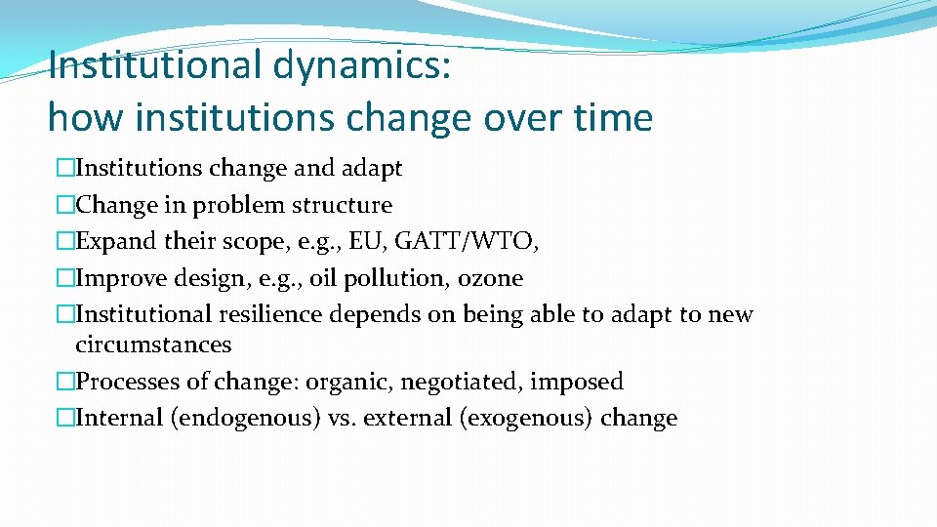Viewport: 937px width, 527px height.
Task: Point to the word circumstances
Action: coord(153,345)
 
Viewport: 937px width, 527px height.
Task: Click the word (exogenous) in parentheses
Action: coord(527,419)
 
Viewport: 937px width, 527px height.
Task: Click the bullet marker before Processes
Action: coord(65,382)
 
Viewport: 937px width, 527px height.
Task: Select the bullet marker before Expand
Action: coord(65,242)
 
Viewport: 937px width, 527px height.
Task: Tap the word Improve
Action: coord(114,279)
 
